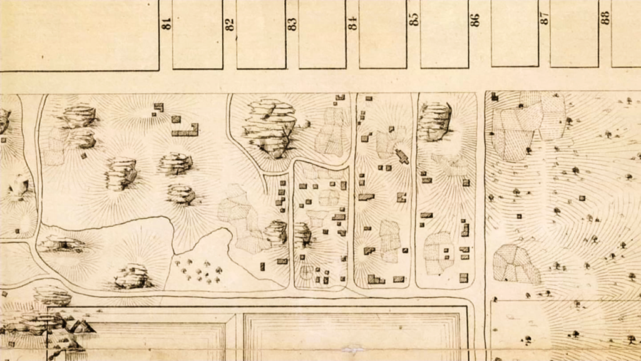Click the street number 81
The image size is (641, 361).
pyautogui.click(x=167, y=23)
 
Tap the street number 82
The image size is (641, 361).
pyautogui.click(x=230, y=24)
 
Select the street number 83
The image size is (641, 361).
pyautogui.click(x=292, y=23)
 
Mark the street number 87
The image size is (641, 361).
pyautogui.click(x=545, y=18)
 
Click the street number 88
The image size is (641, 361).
pyautogui.click(x=605, y=18)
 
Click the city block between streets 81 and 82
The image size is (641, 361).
pyautogui.click(x=198, y=34)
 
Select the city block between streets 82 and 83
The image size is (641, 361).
pyautogui.click(x=261, y=34)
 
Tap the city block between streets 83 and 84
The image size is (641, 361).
pyautogui.click(x=322, y=34)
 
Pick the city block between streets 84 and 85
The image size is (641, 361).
pyautogui.click(x=382, y=34)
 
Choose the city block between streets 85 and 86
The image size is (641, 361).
pyautogui.click(x=444, y=34)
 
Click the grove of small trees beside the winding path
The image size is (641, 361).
pyautogui.click(x=199, y=270)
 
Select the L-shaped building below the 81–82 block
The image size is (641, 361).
pyautogui.click(x=187, y=130)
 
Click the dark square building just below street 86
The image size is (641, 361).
pyautogui.click(x=494, y=97)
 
